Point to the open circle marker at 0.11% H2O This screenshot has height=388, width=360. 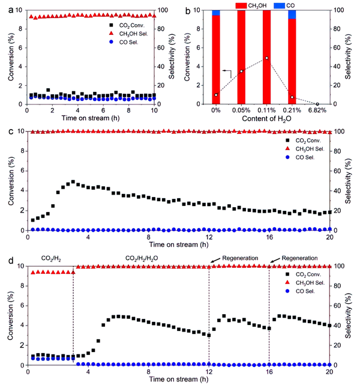[266, 58]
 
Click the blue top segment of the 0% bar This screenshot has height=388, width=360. [216, 12]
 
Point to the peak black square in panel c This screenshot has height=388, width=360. [73, 181]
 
